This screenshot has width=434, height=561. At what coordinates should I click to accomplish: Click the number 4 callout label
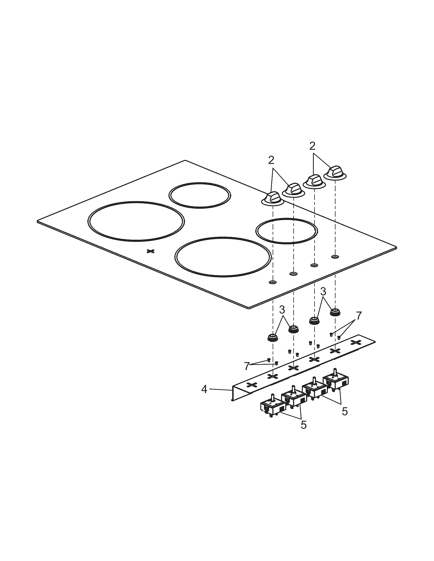(x=204, y=389)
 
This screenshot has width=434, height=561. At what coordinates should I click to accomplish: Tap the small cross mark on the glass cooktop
(x=150, y=251)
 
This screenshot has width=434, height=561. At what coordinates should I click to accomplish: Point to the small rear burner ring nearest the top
(x=200, y=195)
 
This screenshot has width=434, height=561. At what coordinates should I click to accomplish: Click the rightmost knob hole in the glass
(x=335, y=257)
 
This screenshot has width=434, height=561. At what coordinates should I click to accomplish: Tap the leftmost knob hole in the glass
(x=273, y=282)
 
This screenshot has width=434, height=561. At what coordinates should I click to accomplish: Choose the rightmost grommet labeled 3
(x=335, y=312)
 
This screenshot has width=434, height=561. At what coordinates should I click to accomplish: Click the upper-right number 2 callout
(x=312, y=146)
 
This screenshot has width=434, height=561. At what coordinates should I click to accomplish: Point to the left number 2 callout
(x=271, y=161)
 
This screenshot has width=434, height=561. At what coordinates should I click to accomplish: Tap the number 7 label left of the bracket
(x=247, y=366)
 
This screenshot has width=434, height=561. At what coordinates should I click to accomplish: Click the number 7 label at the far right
(x=359, y=315)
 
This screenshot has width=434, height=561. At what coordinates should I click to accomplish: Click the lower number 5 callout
(x=304, y=425)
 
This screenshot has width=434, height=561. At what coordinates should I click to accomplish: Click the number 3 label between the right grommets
(x=323, y=291)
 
